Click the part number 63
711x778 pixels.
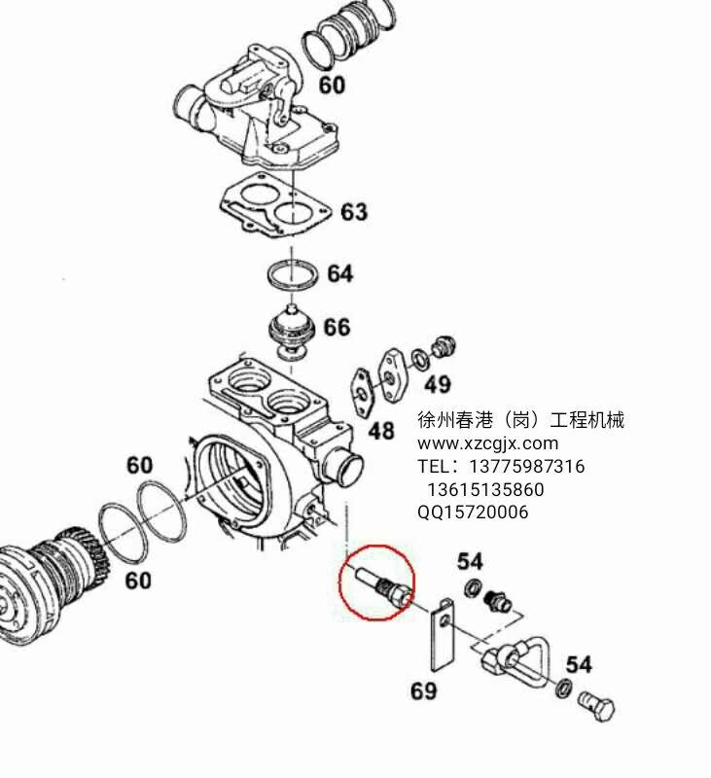(353, 212)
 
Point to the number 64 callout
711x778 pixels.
(339, 274)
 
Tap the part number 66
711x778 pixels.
(337, 327)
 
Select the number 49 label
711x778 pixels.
(438, 384)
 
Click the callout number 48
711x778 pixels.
(380, 431)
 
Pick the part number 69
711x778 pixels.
(423, 691)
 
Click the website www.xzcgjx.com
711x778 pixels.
(488, 443)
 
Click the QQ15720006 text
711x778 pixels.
(473, 513)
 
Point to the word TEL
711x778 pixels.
(434, 467)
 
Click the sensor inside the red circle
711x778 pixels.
(376, 582)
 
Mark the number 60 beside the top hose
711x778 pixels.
(332, 86)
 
